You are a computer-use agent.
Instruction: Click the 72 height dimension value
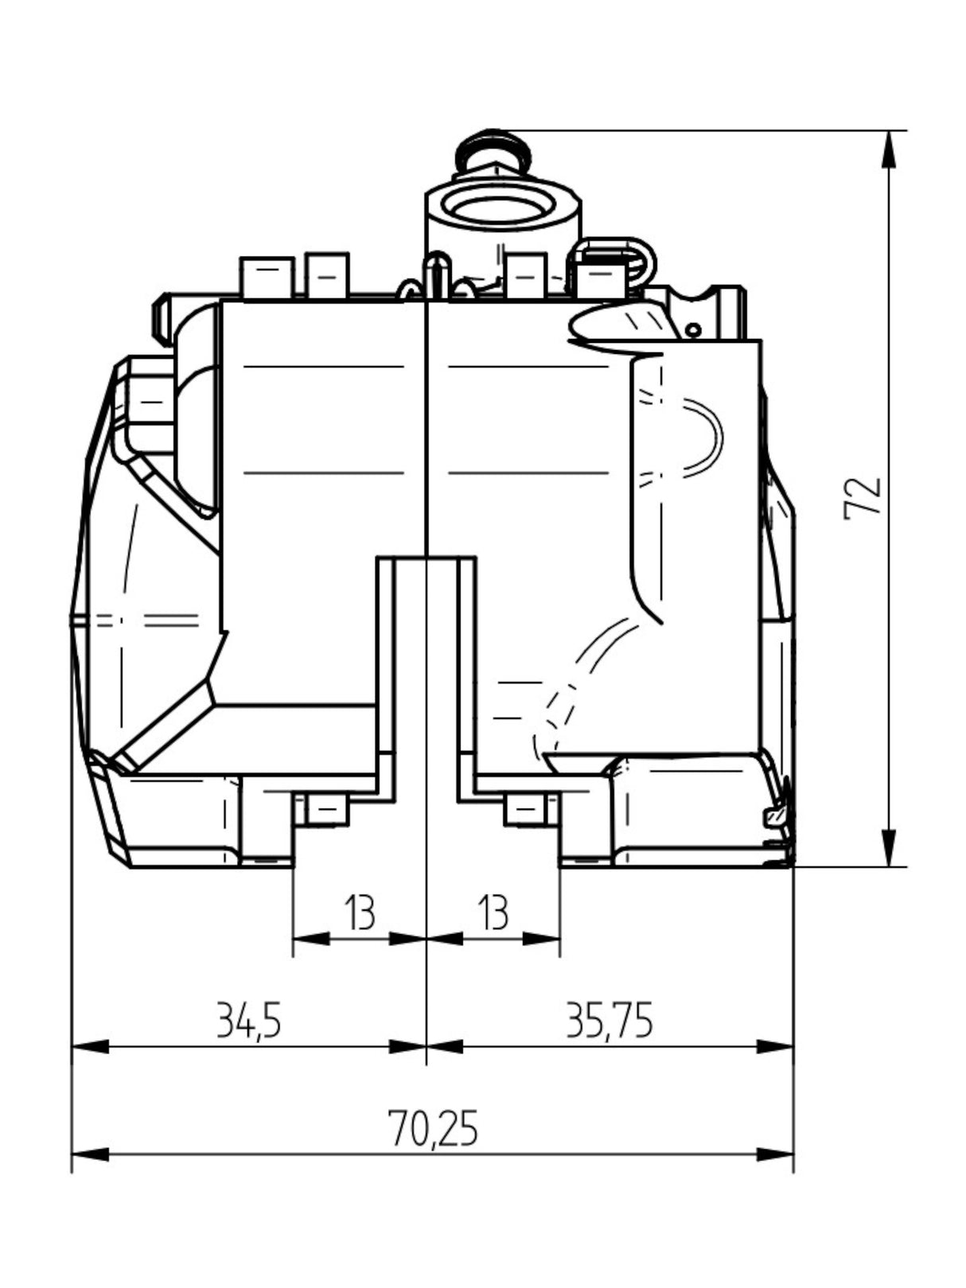[862, 497]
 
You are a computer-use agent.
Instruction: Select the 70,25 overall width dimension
[433, 1128]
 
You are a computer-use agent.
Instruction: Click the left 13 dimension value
[359, 912]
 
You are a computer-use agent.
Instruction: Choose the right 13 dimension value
[493, 912]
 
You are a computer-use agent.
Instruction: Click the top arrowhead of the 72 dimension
[890, 150]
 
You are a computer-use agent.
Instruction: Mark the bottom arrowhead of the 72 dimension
[890, 847]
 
